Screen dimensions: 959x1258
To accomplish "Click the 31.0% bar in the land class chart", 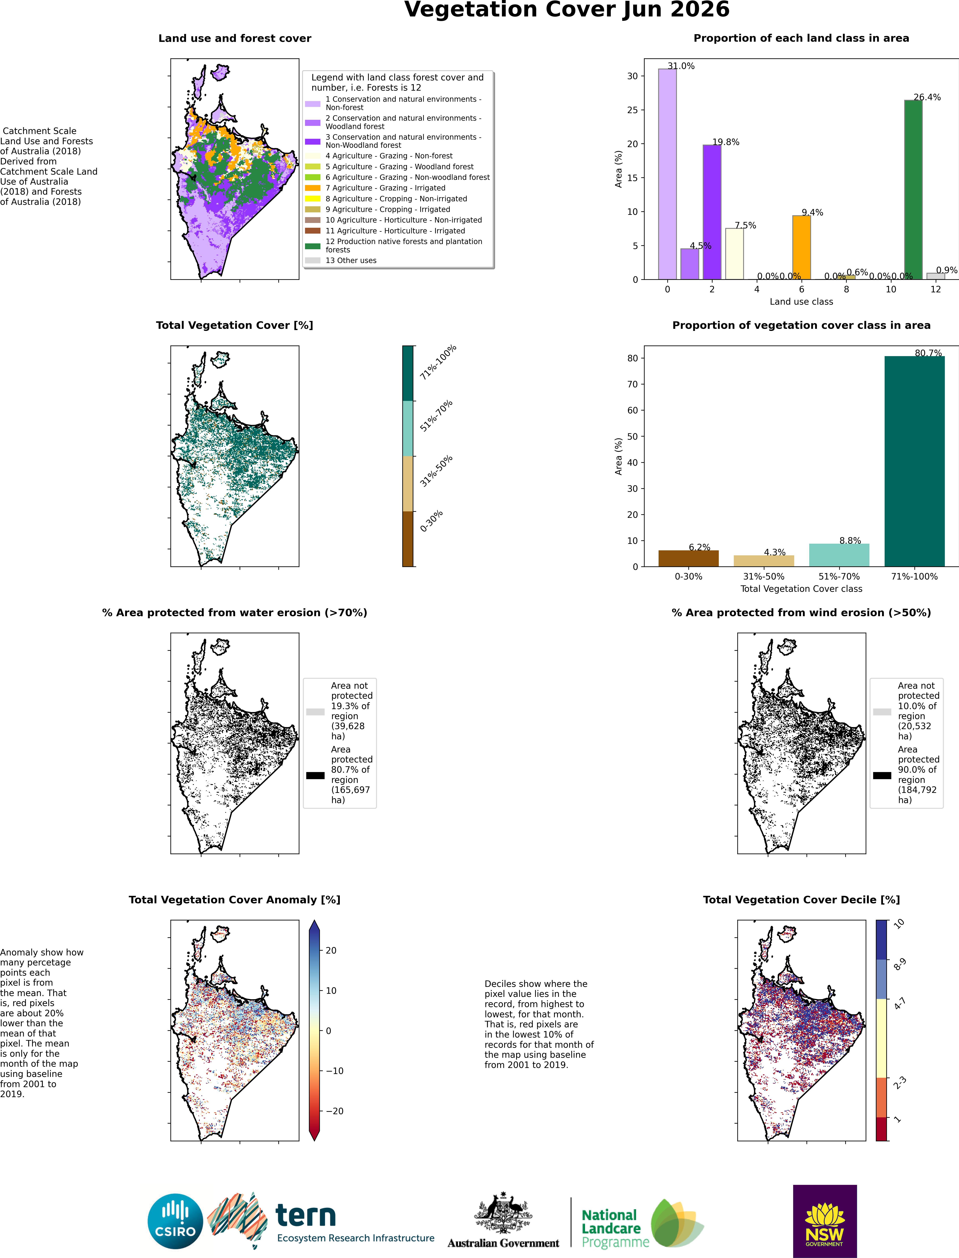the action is click(x=667, y=174).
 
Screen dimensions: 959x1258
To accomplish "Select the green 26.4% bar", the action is click(x=913, y=190).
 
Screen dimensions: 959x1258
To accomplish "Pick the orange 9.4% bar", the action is click(x=801, y=248).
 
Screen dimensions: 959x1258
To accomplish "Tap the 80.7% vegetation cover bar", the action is click(x=914, y=461).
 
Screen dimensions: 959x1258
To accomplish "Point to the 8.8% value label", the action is click(x=850, y=541).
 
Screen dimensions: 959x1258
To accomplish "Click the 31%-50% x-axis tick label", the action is click(x=764, y=577).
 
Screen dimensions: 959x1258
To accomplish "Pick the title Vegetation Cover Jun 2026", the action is click(x=567, y=10).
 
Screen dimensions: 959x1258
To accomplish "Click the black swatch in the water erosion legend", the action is click(x=315, y=775).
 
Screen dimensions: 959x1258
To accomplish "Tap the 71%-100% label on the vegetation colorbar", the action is click(x=438, y=362).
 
